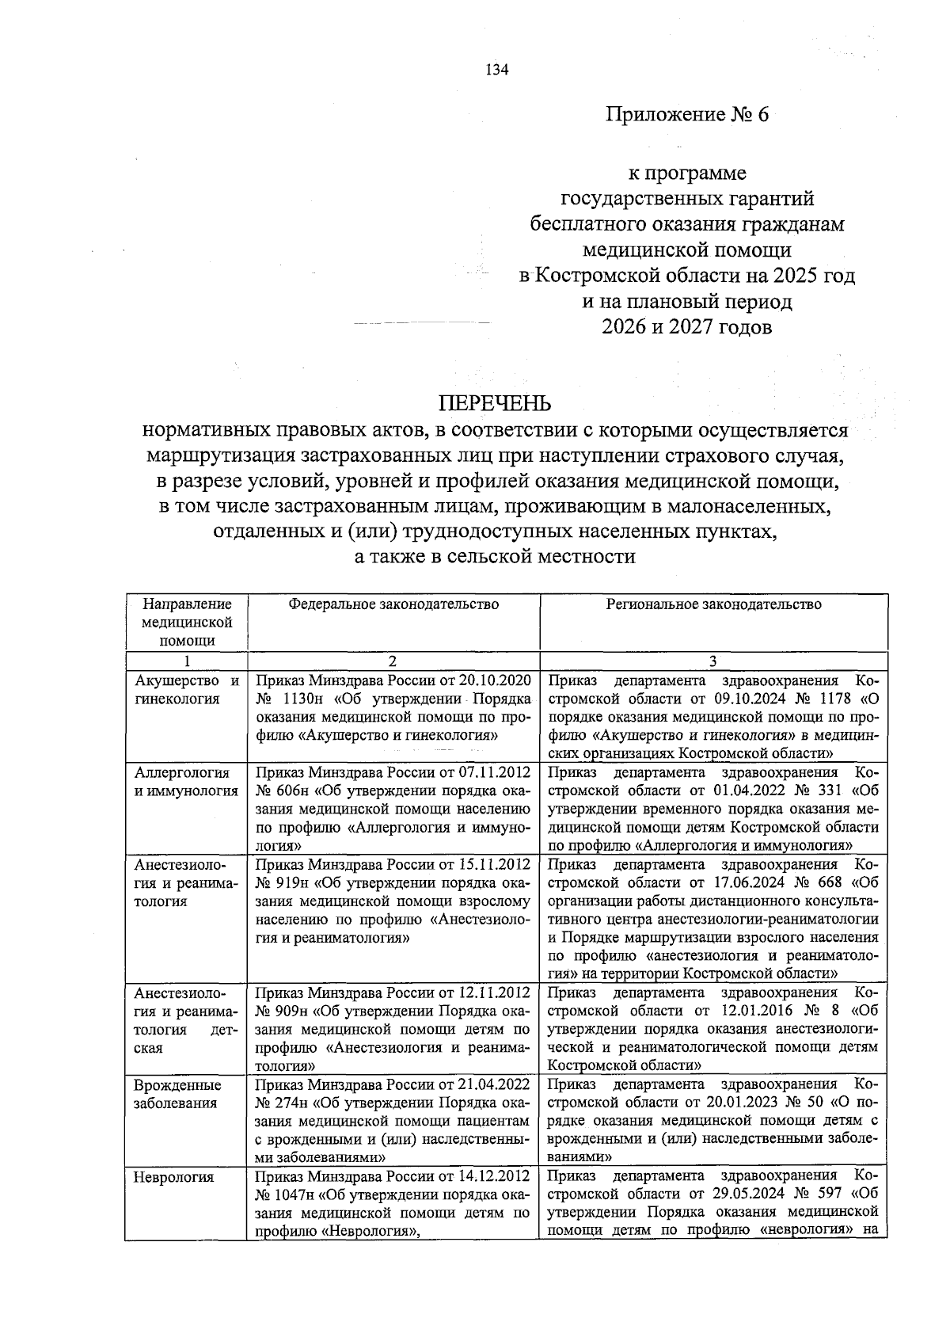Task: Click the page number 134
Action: (x=496, y=70)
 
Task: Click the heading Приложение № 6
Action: (x=686, y=115)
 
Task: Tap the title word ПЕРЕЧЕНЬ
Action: (x=496, y=403)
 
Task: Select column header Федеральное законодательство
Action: (x=393, y=604)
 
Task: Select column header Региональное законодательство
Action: (x=713, y=604)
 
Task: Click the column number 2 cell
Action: (x=393, y=661)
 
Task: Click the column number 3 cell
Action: (x=713, y=661)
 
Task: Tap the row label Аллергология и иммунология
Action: (x=185, y=782)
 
